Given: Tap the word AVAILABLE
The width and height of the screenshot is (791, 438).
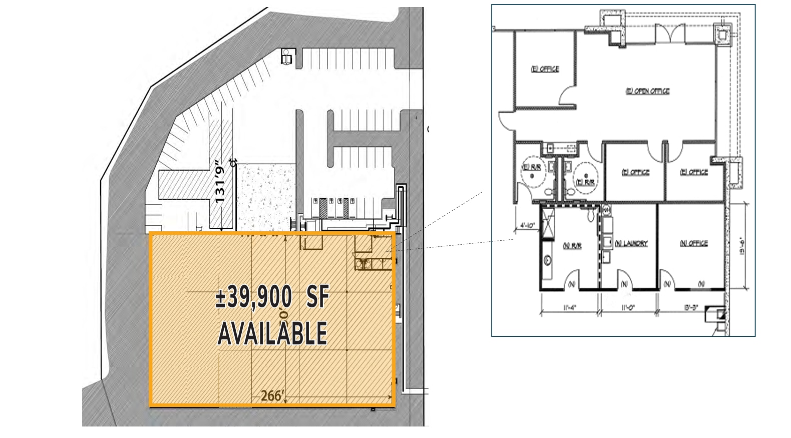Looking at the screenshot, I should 273,333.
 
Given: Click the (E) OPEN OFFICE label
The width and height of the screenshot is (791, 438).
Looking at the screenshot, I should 647,91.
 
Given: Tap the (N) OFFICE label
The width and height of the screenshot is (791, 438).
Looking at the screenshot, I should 693,243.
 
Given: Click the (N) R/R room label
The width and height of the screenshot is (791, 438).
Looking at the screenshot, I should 572,246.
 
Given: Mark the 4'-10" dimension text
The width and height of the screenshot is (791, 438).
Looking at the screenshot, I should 527,226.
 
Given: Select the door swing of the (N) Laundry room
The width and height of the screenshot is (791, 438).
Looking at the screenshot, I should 625,278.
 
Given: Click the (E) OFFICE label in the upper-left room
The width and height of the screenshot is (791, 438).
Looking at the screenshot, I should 545,69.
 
